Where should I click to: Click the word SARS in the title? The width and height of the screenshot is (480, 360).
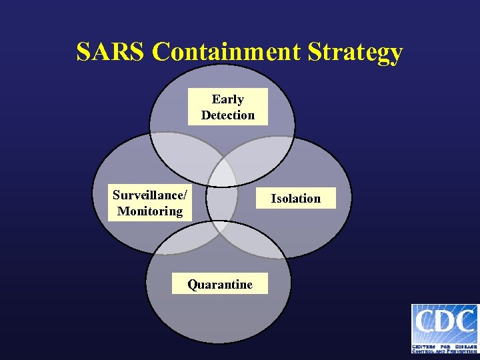coord(110,52)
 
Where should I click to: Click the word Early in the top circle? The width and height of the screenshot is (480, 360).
coord(228,99)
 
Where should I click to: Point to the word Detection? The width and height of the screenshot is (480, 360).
coord(228,115)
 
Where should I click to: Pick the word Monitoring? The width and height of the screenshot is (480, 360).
coord(150,211)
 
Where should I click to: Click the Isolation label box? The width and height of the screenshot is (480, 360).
coord(295,199)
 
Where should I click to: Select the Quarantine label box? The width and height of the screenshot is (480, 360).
coord(220,285)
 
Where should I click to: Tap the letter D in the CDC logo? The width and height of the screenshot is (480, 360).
coord(445,322)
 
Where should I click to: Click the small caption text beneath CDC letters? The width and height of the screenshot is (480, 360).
coord(445,347)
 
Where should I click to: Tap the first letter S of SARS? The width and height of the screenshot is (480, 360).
coord(84,52)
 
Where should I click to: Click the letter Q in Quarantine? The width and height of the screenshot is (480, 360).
coord(192,285)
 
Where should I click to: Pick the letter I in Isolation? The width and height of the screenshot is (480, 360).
coord(273,199)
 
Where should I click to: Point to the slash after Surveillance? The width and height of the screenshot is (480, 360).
coord(185,195)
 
